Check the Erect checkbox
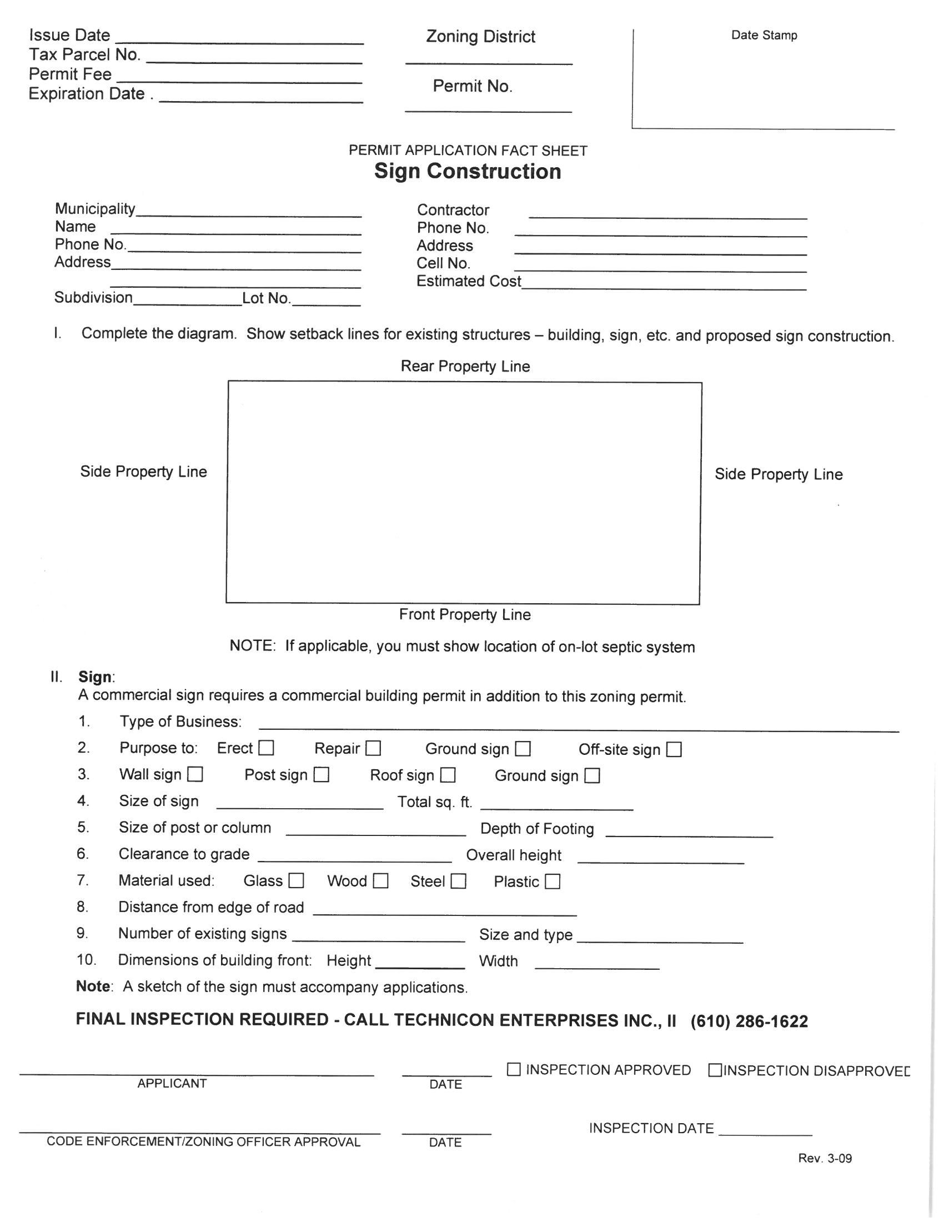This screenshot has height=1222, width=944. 267,748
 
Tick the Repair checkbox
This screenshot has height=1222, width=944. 373,749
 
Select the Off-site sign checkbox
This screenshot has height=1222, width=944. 675,750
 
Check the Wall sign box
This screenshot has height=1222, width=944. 195,774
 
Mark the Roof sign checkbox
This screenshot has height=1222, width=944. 448,775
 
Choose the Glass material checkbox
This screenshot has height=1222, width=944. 296,881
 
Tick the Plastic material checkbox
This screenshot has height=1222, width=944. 553,882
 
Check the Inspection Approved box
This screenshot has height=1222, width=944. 514,1069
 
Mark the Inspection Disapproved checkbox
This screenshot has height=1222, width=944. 715,1070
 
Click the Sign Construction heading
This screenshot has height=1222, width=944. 468,171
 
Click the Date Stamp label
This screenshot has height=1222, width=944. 764,35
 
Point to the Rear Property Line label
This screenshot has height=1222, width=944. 465,367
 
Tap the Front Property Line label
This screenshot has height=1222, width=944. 465,614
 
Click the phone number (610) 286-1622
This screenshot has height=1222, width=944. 750,1021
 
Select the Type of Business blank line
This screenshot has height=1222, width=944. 579,726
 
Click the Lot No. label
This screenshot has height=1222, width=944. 266,298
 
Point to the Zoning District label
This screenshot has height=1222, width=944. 480,37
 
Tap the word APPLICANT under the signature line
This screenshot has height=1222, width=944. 172,1083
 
